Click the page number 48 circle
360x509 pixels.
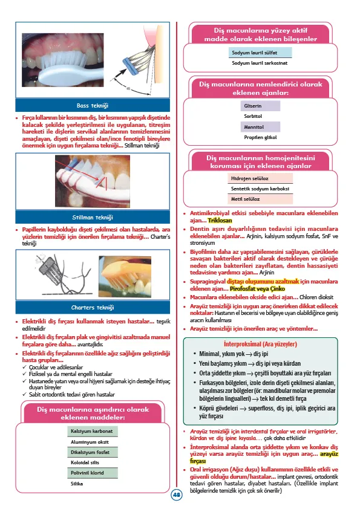point(177,494)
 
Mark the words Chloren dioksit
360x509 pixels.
point(317,297)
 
